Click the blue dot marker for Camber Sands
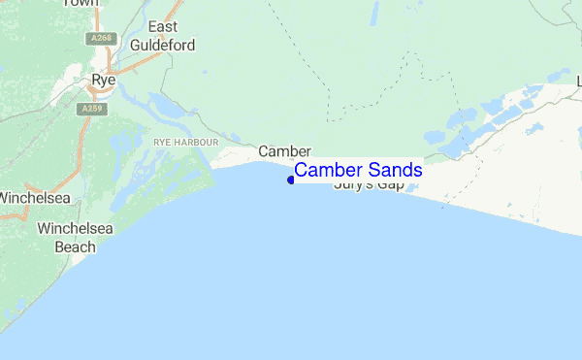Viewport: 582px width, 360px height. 291,180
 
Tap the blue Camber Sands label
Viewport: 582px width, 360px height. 358,170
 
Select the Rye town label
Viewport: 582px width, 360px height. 104,80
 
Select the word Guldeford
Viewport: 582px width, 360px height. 165,45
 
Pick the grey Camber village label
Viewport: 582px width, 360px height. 284,151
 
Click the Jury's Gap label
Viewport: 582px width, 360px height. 368,184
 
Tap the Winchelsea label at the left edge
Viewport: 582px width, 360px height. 34,198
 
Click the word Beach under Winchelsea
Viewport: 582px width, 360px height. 75,246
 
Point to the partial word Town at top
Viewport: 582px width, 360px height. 81,3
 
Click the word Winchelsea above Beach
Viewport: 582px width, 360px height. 77,229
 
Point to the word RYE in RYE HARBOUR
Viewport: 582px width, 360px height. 162,142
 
